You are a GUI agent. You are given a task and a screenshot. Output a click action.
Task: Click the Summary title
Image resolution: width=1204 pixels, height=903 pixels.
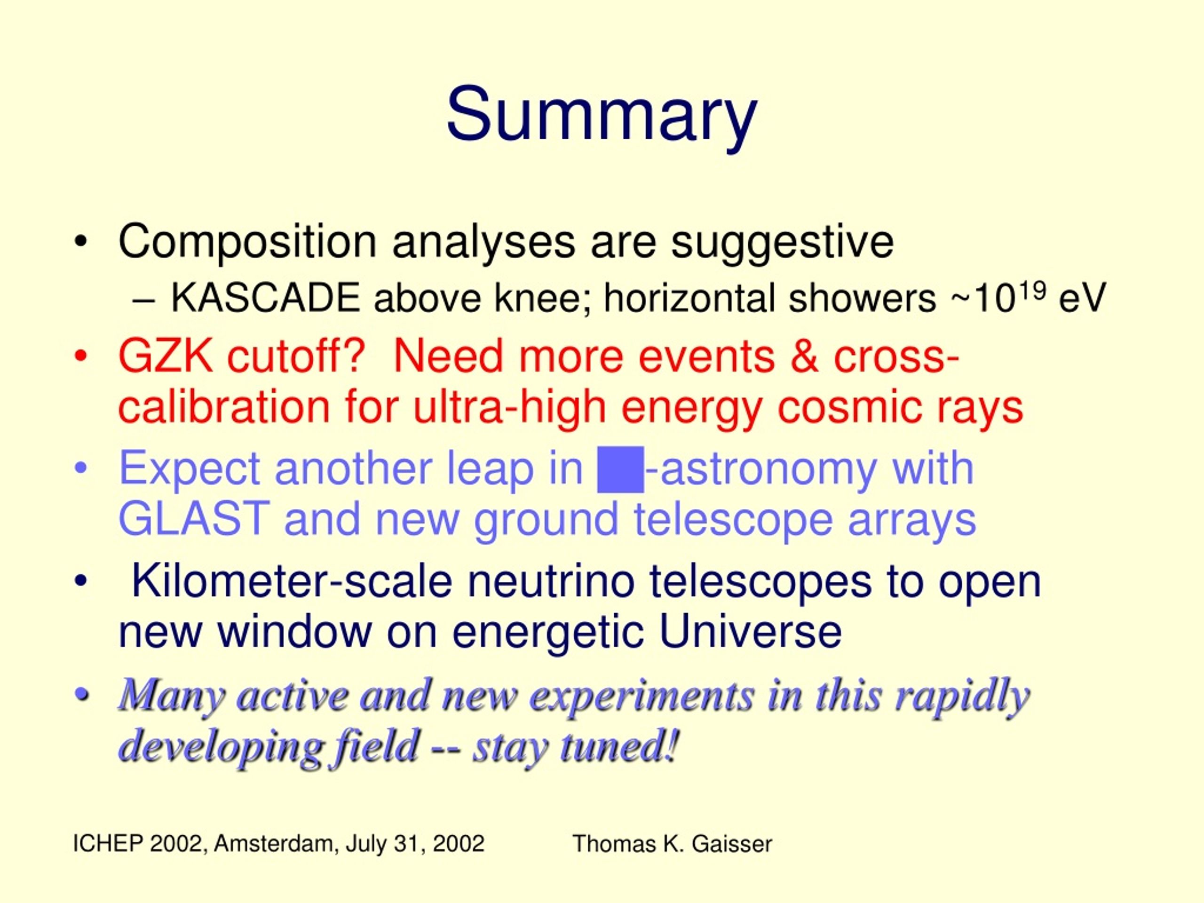click(x=602, y=117)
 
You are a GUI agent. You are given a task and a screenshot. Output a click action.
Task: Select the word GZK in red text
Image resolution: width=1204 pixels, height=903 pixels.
click(x=165, y=356)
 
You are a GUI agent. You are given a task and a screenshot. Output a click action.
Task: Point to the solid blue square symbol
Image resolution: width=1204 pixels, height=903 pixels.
click(x=620, y=469)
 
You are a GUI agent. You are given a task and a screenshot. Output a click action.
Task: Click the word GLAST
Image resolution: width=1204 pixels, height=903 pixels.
click(x=194, y=519)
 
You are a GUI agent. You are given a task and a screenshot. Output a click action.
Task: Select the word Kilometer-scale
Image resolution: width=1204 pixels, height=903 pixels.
click(x=292, y=581)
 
